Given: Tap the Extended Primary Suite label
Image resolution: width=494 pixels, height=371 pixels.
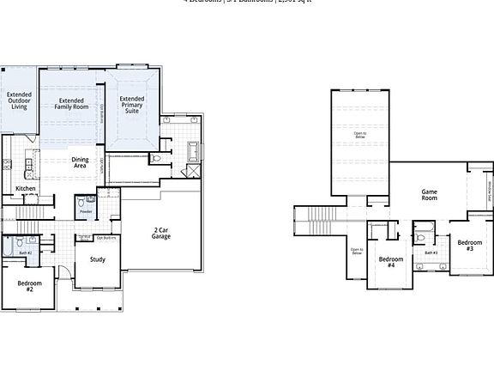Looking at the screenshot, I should [x=131, y=105].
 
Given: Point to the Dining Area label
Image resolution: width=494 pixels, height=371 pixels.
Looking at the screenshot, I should [x=80, y=162].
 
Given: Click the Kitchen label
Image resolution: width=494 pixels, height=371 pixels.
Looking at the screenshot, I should [x=26, y=189].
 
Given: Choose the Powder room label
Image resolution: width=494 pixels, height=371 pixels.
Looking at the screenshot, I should [x=85, y=209].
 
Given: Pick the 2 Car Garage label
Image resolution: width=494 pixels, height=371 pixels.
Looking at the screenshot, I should [x=161, y=233].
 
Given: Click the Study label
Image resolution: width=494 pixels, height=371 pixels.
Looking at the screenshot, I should [x=98, y=258].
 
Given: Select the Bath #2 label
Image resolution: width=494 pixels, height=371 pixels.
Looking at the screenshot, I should [x=26, y=252].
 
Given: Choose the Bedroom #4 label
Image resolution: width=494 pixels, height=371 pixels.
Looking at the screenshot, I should [x=391, y=262].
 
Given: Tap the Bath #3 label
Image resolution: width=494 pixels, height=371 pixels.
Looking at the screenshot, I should [x=431, y=252].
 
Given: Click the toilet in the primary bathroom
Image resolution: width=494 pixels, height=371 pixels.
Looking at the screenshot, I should [x=155, y=159].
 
